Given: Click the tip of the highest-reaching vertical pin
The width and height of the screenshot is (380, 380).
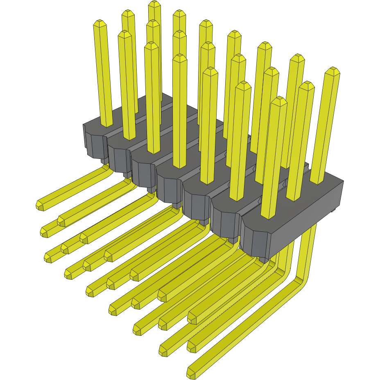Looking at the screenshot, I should [x=154, y=4].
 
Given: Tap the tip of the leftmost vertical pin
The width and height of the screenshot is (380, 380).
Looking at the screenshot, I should [x=100, y=23].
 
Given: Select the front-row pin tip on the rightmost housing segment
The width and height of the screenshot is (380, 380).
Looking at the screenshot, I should [x=279, y=100].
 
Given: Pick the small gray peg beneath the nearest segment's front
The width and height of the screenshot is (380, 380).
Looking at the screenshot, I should [x=263, y=259].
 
